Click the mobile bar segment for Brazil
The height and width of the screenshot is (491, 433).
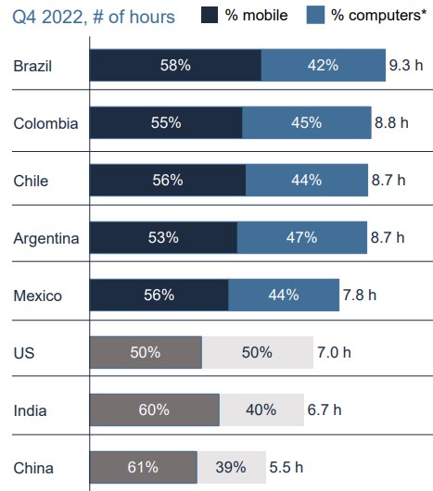(175, 66)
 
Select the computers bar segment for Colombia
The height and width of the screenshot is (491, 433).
(306, 123)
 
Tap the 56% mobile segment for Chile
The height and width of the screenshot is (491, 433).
(168, 181)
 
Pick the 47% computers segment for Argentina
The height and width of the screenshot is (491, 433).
(302, 238)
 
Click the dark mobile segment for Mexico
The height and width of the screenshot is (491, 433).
(159, 296)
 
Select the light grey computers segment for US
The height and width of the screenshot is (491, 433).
(257, 353)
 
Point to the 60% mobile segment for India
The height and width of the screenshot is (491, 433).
(155, 410)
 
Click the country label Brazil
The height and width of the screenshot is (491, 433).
(32, 67)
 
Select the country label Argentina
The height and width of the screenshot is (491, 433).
(46, 238)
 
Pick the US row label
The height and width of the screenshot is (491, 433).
(24, 353)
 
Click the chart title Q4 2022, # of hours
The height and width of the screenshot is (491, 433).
(93, 16)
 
